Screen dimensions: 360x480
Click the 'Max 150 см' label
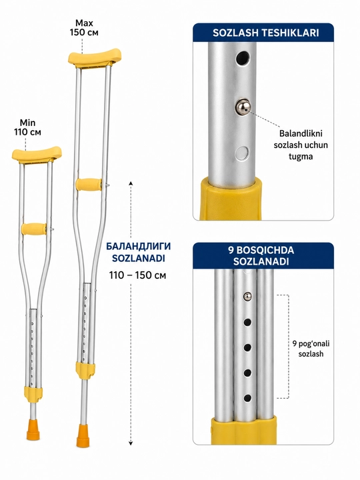point(84,27)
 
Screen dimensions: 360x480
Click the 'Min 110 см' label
point(27,127)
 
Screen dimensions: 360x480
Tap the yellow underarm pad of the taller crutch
point(95,57)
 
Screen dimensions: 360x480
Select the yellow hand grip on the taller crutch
point(89,184)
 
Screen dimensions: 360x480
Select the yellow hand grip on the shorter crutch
point(34,229)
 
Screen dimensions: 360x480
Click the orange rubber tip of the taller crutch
point(83,436)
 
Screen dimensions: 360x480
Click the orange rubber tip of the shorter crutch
point(33,430)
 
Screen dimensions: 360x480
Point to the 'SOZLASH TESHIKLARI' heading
point(266,33)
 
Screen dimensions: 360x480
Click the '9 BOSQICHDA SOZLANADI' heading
point(261,255)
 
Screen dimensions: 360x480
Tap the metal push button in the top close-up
point(243,107)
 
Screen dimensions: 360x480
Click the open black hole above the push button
point(243,58)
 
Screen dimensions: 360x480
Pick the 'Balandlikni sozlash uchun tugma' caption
point(301,145)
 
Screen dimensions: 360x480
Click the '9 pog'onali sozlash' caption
point(311,349)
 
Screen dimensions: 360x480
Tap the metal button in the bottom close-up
point(247,296)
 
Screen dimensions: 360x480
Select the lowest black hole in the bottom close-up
point(247,398)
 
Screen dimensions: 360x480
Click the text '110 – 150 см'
point(137,275)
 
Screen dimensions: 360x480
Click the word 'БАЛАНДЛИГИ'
point(139,246)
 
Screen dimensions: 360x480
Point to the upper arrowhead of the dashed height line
point(131,184)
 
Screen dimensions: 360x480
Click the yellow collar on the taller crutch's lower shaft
point(85,371)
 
